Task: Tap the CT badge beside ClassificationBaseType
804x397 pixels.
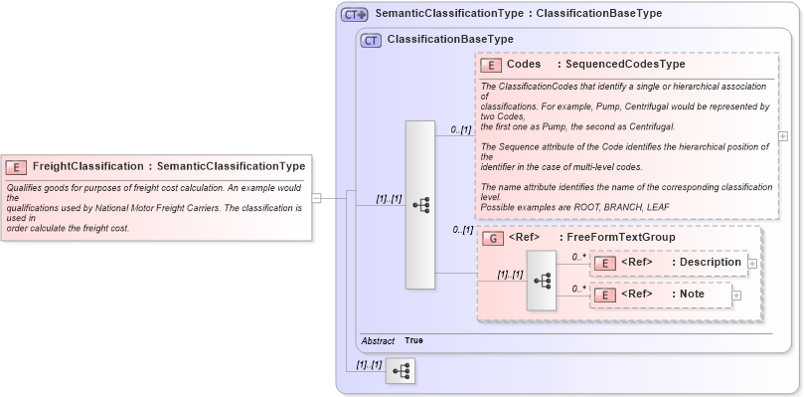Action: tap(370, 40)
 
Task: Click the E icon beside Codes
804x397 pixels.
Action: tap(490, 65)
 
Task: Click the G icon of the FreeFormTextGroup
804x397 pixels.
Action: tap(491, 238)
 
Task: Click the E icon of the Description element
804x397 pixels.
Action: tap(604, 263)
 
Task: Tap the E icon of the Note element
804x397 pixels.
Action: tap(604, 295)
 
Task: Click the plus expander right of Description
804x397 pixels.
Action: tap(752, 263)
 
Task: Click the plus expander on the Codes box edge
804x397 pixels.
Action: tap(783, 136)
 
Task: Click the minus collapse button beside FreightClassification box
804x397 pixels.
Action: tap(316, 198)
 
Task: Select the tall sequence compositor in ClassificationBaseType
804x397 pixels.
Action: tap(420, 205)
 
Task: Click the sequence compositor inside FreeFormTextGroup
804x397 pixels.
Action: tap(542, 281)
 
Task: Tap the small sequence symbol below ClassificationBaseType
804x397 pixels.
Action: tap(401, 371)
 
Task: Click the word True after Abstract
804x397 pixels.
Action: tap(413, 340)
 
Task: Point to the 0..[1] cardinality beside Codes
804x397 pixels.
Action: tap(460, 129)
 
